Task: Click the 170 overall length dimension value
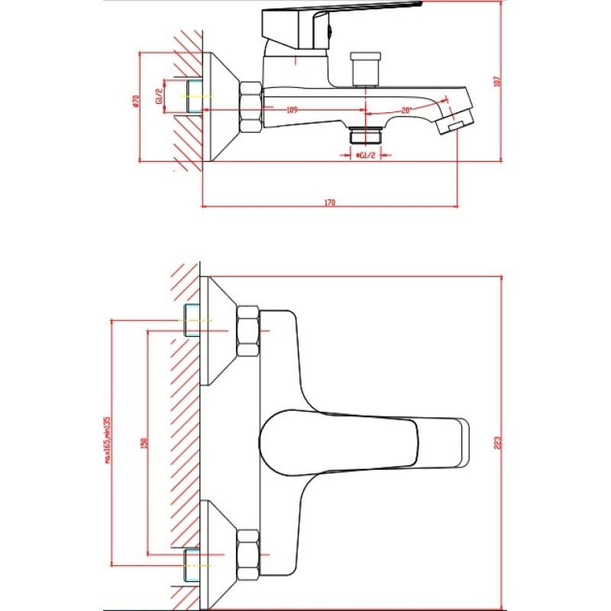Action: click(x=330, y=203)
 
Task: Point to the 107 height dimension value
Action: click(x=496, y=81)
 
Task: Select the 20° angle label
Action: click(x=406, y=111)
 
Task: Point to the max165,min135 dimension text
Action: click(x=108, y=440)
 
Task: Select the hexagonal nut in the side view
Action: click(x=251, y=105)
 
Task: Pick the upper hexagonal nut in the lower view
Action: click(x=247, y=331)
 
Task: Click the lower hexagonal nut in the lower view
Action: click(x=247, y=554)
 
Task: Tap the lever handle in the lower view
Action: click(x=359, y=443)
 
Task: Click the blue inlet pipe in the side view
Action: click(x=192, y=97)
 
